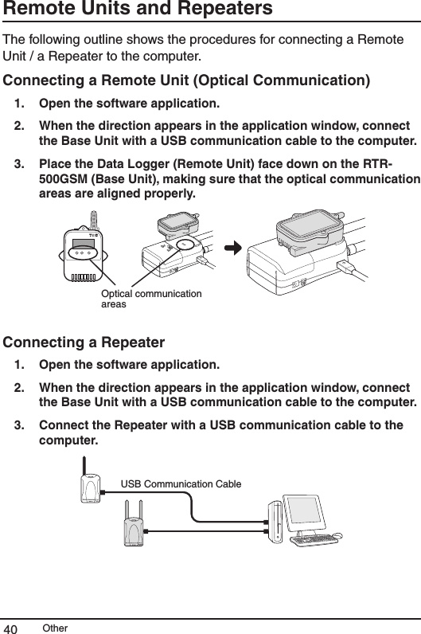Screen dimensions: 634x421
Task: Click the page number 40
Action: tap(13, 627)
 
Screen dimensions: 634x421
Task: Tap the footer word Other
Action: tap(56, 628)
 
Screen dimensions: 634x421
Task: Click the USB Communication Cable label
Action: tap(181, 483)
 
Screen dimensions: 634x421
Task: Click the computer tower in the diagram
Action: tap(275, 522)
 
